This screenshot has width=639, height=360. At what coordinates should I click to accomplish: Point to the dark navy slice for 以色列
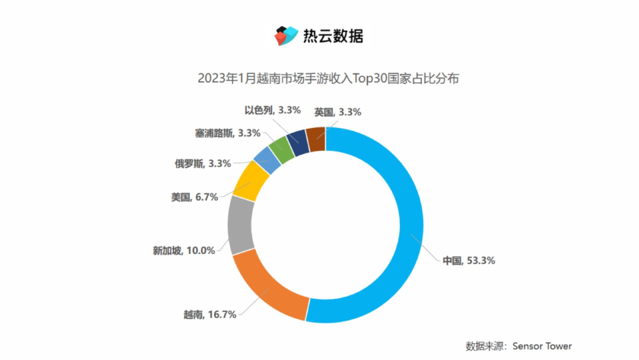[x=298, y=142]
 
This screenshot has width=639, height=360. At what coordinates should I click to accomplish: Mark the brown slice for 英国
[x=316, y=140]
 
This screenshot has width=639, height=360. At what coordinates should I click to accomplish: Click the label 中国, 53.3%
[x=469, y=261]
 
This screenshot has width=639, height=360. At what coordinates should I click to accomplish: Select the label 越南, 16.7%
[x=210, y=314]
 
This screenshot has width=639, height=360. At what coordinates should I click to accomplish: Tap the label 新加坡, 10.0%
[x=183, y=250]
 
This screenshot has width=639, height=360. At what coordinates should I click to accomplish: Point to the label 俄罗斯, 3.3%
[x=203, y=163]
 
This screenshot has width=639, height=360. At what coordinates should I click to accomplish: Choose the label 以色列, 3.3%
[x=273, y=110]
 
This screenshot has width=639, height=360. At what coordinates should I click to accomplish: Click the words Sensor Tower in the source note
[x=542, y=346]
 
